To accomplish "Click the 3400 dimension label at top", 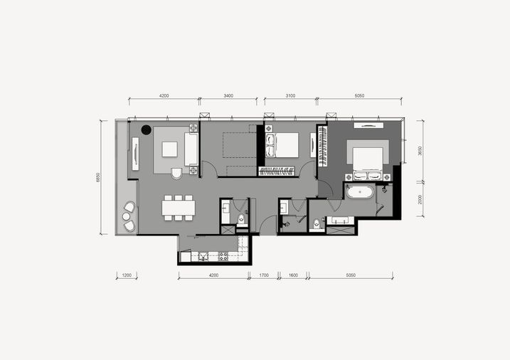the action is click(x=228, y=95).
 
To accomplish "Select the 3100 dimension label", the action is click(x=290, y=95).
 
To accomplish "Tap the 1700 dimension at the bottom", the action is click(x=264, y=275).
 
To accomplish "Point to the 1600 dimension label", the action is click(x=293, y=275).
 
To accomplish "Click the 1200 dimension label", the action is click(x=127, y=275).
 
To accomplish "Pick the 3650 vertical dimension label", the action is click(x=420, y=151).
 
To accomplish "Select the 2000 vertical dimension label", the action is click(x=420, y=199).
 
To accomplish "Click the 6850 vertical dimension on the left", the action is click(x=98, y=177).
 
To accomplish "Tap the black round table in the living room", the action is click(x=147, y=129).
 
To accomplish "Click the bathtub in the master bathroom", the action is click(x=360, y=191).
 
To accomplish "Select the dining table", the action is click(x=179, y=208).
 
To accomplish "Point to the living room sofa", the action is click(x=191, y=149).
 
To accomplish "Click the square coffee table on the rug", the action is click(x=170, y=149).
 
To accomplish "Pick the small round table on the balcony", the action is click(x=126, y=216).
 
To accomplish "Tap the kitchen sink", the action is click(x=203, y=256).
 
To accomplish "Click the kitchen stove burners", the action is click(x=223, y=256).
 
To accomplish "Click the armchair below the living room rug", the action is click(x=177, y=173).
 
